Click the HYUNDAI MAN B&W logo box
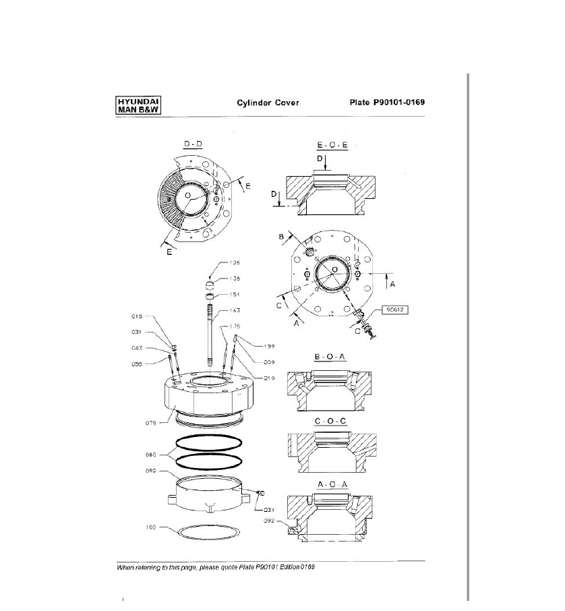pyautogui.click(x=138, y=105)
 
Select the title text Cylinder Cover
pyautogui.click(x=268, y=103)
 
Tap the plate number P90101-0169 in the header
pyautogui.click(x=386, y=103)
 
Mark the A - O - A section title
pyautogui.click(x=331, y=484)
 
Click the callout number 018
pyautogui.click(x=136, y=316)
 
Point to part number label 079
pyautogui.click(x=153, y=424)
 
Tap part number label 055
pyautogui.click(x=136, y=364)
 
